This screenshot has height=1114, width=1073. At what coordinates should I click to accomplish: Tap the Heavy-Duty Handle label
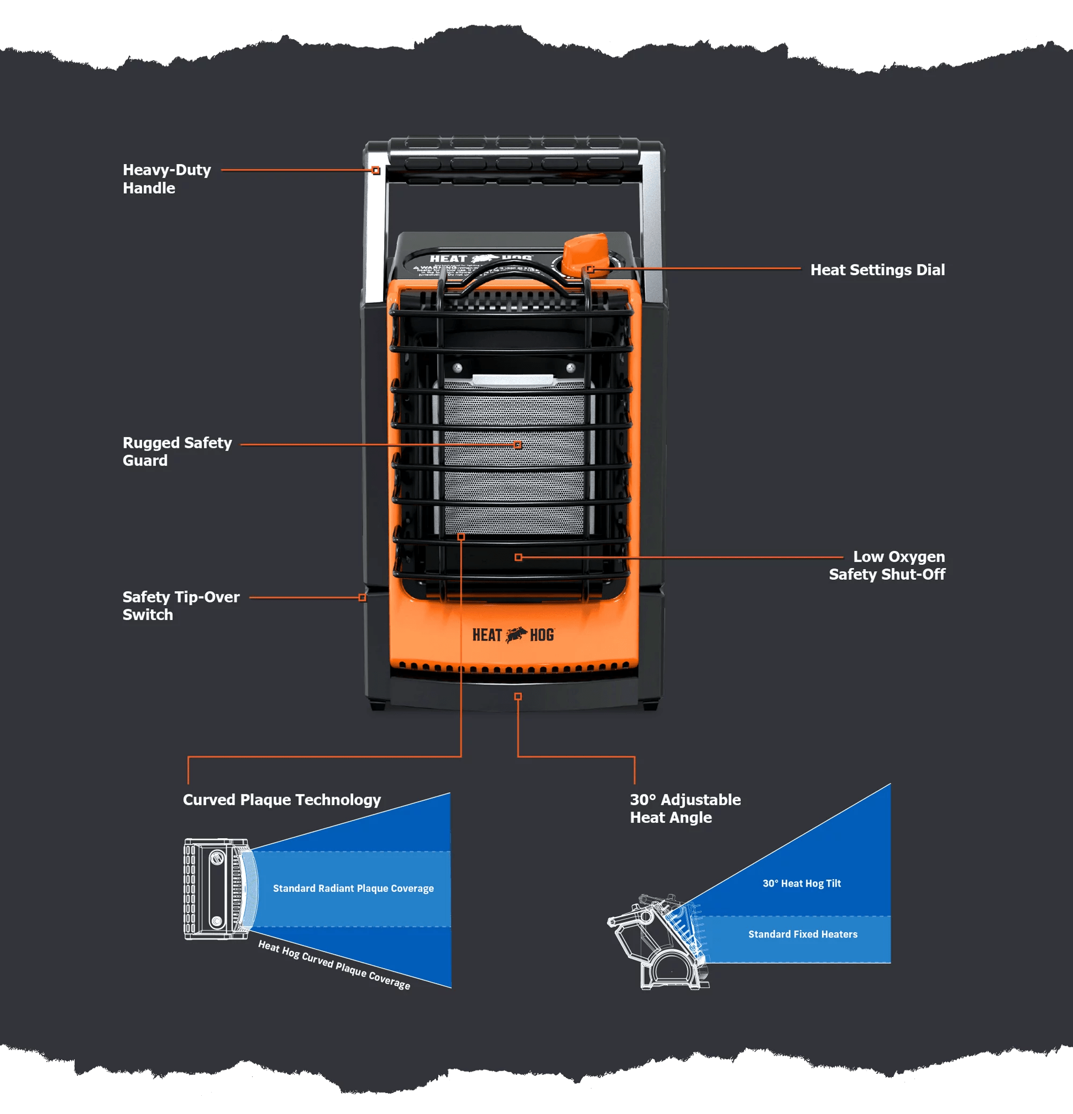(167, 179)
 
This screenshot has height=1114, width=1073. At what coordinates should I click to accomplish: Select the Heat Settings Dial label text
(877, 270)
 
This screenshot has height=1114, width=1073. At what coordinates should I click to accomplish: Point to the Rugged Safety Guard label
(177, 451)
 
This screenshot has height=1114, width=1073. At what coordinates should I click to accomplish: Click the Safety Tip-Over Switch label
(181, 606)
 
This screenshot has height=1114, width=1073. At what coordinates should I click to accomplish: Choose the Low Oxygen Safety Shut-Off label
(886, 565)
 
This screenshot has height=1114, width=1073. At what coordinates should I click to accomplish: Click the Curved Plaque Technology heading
(282, 800)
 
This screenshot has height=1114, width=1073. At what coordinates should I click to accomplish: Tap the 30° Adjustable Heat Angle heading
(685, 808)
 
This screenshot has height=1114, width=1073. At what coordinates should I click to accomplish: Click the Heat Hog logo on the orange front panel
(513, 635)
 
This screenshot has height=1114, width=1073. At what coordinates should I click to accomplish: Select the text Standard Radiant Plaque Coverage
(353, 888)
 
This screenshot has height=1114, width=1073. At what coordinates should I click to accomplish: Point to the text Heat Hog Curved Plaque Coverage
(334, 964)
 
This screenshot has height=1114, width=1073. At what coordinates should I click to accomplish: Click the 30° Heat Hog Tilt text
(801, 883)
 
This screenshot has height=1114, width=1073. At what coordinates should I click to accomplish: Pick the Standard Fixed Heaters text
(802, 934)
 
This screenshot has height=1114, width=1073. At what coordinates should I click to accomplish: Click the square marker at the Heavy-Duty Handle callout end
(376, 171)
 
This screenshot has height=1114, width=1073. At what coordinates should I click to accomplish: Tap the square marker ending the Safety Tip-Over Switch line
(362, 597)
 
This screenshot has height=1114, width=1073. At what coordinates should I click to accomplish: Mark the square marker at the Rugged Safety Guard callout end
(517, 445)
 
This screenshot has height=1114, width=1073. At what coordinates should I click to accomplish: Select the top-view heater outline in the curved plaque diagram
(217, 889)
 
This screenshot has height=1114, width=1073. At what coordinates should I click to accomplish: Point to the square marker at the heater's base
(517, 696)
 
